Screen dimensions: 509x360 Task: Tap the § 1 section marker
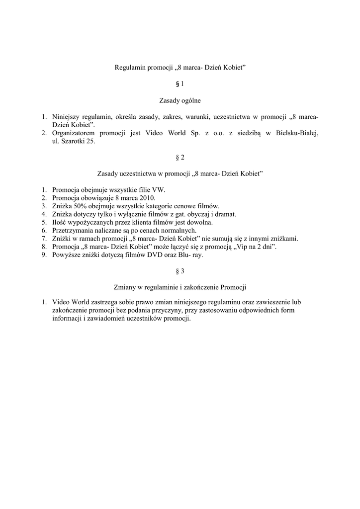tap(180, 84)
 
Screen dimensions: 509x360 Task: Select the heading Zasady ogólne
tap(180, 100)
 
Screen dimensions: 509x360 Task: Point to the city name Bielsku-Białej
tap(297, 133)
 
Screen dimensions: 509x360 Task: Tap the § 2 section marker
tap(180, 158)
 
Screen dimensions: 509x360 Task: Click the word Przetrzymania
tap(74, 231)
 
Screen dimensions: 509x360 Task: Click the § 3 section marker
tap(180, 271)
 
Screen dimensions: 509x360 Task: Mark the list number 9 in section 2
tap(44, 255)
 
